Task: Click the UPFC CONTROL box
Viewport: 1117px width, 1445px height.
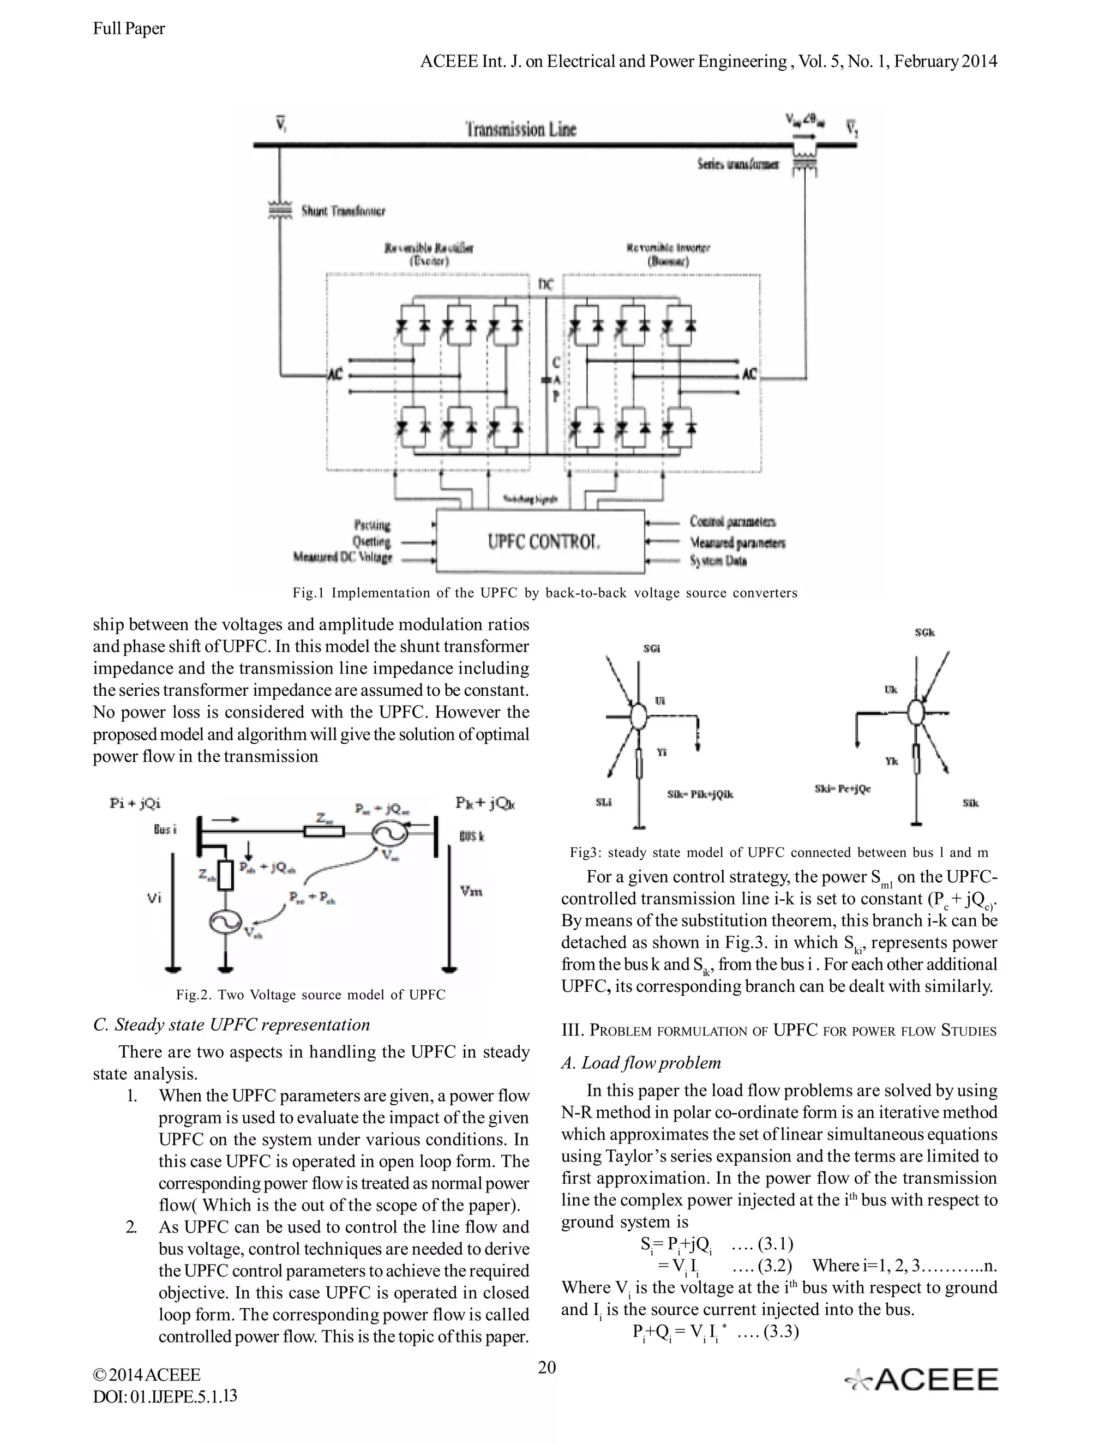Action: point(540,542)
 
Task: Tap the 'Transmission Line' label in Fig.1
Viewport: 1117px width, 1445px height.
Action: point(521,129)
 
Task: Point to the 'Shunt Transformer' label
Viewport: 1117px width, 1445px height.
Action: point(344,212)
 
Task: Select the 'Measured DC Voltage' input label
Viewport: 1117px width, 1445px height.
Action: point(343,558)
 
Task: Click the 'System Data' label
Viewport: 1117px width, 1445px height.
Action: point(719,561)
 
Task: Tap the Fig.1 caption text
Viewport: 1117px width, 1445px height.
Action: point(545,593)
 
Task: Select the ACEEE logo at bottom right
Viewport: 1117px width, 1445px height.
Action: point(922,1380)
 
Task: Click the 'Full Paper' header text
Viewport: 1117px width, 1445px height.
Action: point(129,28)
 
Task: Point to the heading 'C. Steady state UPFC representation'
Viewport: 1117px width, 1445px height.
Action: point(232,1025)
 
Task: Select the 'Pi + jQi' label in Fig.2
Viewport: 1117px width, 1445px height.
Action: point(135,803)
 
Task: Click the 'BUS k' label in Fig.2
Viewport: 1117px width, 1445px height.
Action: point(472,837)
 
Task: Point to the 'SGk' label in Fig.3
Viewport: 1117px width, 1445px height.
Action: point(924,633)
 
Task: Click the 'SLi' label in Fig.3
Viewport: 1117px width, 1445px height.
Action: point(604,803)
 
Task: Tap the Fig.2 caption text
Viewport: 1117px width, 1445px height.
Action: point(310,995)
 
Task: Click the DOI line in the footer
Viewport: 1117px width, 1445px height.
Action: point(165,1396)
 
